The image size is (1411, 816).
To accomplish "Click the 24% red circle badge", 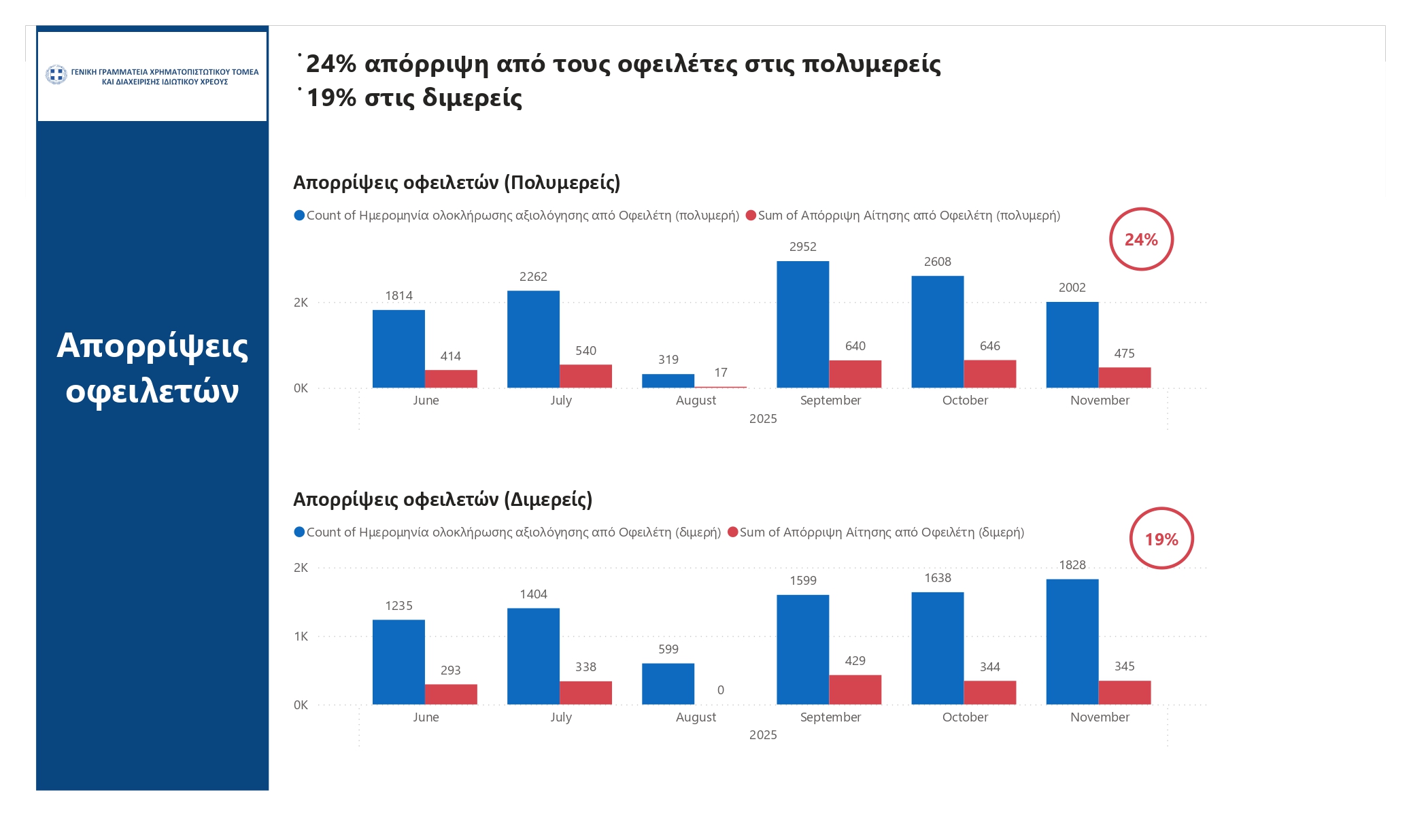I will (1141, 239).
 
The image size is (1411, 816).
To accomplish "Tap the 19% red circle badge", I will (1161, 539).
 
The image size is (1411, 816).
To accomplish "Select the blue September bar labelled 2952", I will (802, 324).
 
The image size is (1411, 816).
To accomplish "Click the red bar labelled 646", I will (989, 374).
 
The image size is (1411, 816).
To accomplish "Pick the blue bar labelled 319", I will (668, 381).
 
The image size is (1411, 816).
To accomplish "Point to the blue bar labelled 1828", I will (1072, 641).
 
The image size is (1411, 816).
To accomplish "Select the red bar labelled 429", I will (855, 690).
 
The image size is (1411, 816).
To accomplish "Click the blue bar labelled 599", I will (668, 683).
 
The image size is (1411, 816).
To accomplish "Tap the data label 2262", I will (533, 277).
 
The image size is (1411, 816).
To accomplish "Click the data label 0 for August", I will (721, 690).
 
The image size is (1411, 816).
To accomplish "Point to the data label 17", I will (721, 373).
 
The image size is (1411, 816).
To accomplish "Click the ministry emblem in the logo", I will (56, 74).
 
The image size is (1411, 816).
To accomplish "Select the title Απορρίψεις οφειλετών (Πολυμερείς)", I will (456, 183).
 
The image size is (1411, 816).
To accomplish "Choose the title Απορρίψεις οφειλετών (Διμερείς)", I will (443, 500).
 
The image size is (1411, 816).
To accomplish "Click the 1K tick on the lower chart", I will (301, 636).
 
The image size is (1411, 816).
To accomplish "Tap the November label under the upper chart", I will (1100, 401).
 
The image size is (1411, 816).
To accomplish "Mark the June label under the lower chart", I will (426, 717).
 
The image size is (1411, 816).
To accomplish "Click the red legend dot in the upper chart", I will (751, 216).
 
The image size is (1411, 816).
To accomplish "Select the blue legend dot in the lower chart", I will (299, 532).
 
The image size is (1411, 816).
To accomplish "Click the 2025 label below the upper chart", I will (763, 419).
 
